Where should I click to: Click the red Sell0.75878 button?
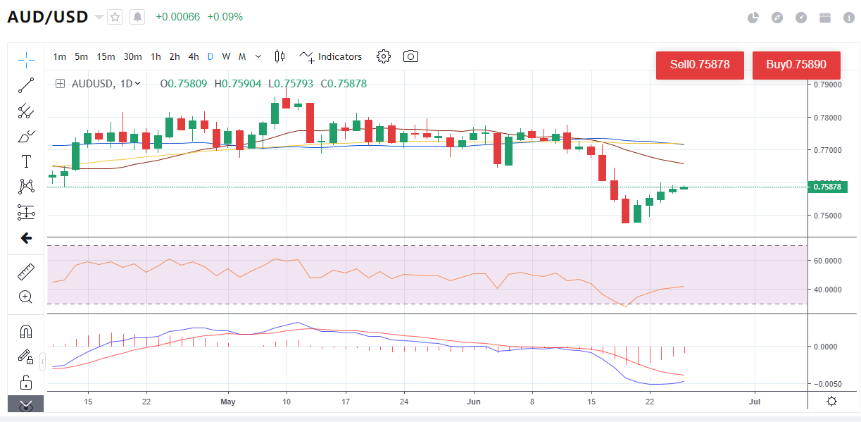point(699,65)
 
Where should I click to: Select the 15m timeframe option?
point(106,56)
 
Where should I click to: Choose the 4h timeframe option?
point(194,56)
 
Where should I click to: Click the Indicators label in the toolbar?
point(339,56)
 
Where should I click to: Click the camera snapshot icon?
point(410,56)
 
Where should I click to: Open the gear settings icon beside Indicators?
point(384,56)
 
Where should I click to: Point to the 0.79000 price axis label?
point(827,85)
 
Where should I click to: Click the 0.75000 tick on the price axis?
point(827,216)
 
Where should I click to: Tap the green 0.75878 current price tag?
point(827,187)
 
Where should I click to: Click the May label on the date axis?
point(228,402)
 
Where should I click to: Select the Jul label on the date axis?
point(755,402)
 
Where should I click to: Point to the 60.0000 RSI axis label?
point(827,261)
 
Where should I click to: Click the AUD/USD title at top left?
point(48,17)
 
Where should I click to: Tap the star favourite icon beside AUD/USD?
point(115,17)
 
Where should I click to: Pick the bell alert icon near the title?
point(137,17)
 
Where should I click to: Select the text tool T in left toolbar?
point(26,161)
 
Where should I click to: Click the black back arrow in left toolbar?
point(26,238)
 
